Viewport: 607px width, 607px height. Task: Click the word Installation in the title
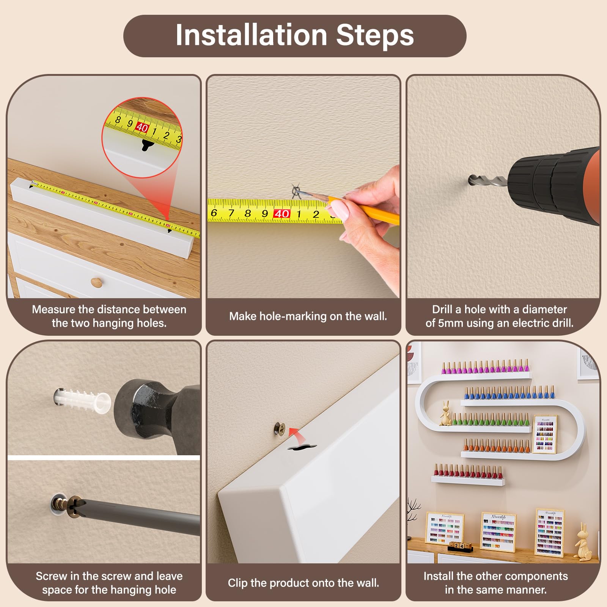tap(252, 35)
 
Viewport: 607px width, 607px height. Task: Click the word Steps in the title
tap(375, 35)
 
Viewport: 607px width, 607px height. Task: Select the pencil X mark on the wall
tap(296, 190)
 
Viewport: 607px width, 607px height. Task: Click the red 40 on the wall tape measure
tap(281, 214)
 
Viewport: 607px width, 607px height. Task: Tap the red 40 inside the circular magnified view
tap(142, 127)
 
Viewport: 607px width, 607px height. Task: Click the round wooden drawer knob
tap(96, 282)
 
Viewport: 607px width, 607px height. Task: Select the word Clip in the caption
tap(237, 583)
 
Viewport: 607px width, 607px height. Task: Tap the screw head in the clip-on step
tap(280, 429)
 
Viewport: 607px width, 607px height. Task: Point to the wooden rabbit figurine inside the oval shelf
tap(446, 413)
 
